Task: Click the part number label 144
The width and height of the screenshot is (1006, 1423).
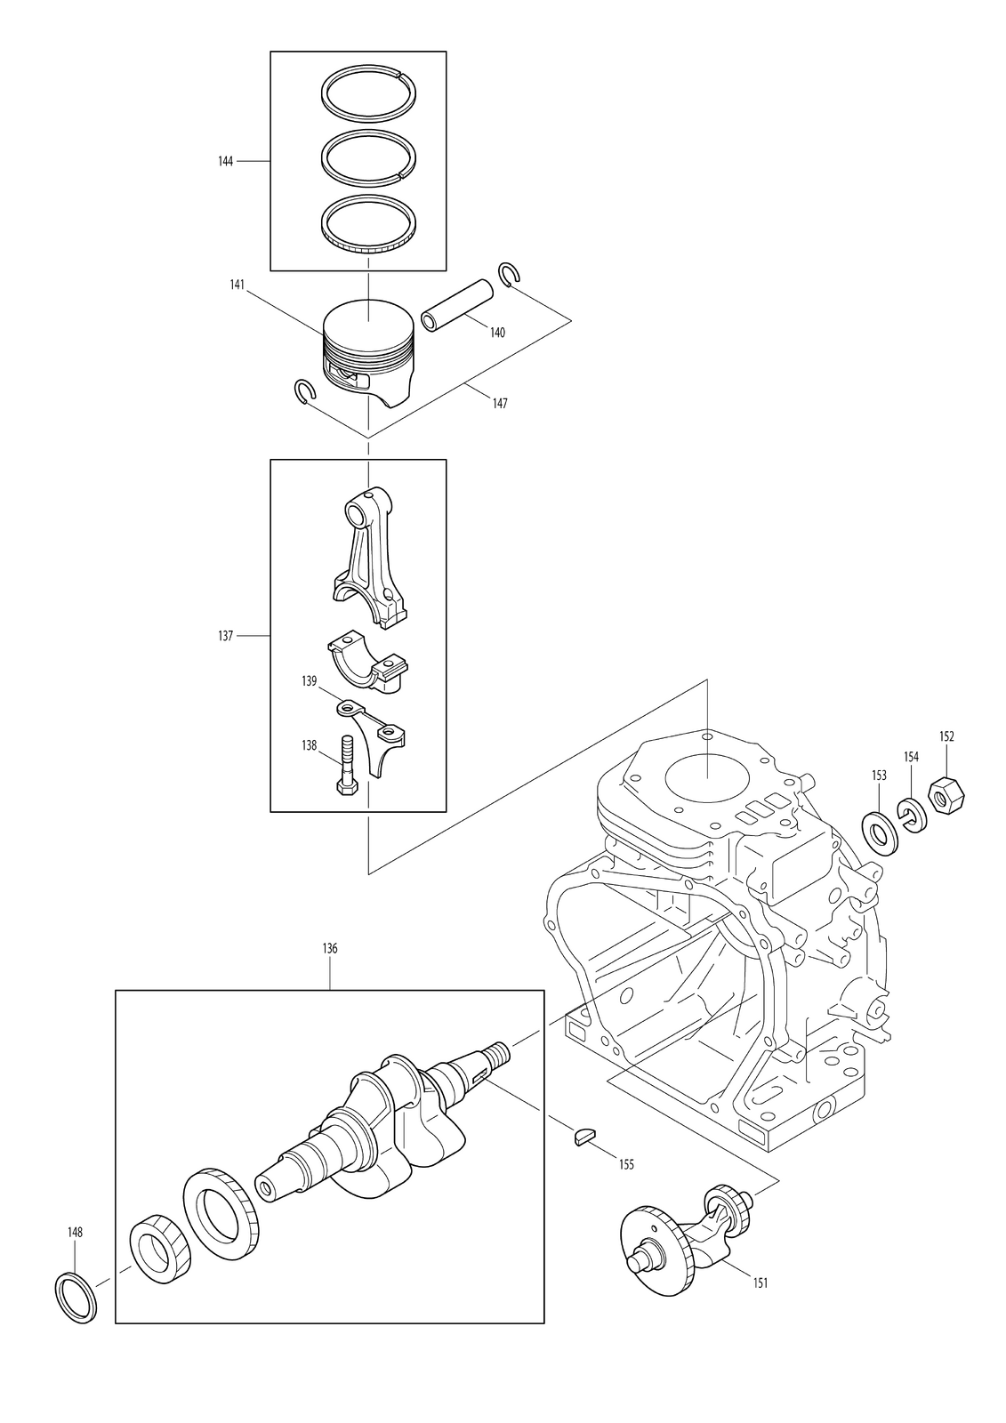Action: (226, 161)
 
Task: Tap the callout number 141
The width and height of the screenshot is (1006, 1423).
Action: (237, 285)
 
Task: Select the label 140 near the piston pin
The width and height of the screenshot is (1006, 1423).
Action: (497, 333)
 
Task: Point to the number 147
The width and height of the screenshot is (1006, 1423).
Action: (500, 404)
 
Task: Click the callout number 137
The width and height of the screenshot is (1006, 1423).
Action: (226, 635)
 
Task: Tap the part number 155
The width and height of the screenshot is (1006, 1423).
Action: (626, 1164)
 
